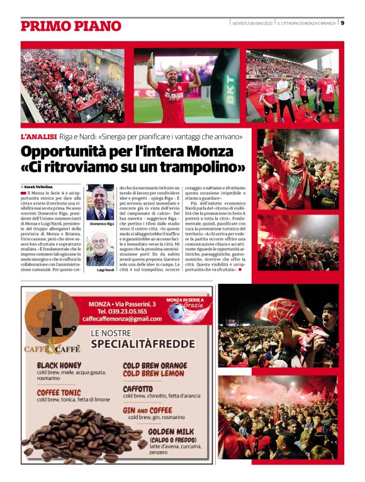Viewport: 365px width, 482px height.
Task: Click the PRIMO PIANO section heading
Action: point(70,26)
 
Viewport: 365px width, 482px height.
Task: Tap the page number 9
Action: point(342,23)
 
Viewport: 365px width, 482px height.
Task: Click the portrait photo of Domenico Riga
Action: point(101,202)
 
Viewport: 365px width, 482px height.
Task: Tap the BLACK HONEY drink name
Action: point(59,365)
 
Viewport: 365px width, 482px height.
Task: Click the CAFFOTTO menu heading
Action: point(138,389)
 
